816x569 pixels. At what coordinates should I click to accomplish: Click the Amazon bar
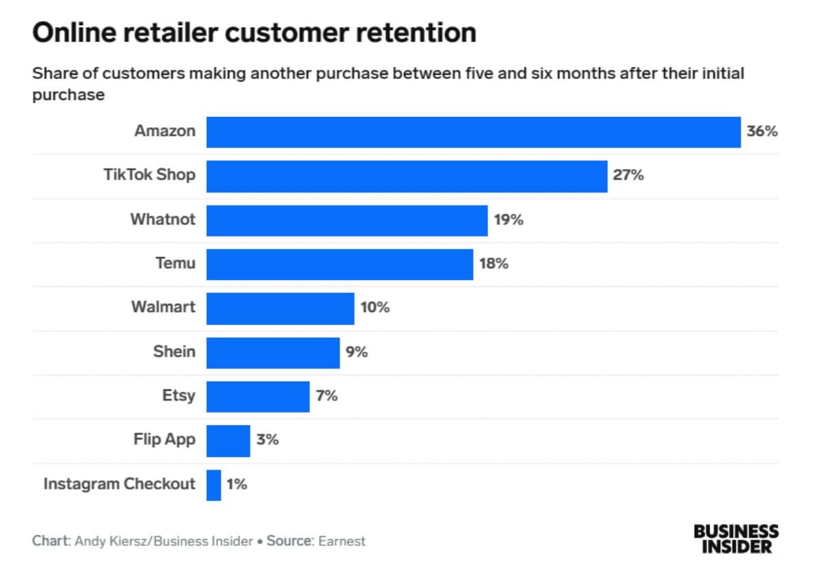coord(473,132)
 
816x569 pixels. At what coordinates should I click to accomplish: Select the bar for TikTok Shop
coord(406,176)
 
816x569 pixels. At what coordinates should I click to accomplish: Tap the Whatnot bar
coord(346,220)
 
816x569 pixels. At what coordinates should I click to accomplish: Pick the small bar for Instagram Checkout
coord(214,485)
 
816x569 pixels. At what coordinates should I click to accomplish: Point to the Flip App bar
coord(228,441)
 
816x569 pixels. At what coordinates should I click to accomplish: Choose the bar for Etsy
coord(257,396)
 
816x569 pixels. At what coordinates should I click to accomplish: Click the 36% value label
coord(762,132)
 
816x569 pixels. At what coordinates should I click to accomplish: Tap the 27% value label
coord(628,176)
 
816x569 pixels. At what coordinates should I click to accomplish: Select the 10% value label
coord(375,308)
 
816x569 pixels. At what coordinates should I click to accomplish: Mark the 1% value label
coord(237,485)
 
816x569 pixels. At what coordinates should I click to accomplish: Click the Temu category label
coord(176,264)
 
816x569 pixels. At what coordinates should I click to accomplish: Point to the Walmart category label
coord(163,307)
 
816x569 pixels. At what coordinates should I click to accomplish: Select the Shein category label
coord(174,352)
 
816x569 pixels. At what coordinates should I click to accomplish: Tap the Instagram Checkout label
coord(119,484)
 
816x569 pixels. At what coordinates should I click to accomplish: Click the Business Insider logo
coord(736,538)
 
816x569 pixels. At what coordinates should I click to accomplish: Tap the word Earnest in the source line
coord(341,542)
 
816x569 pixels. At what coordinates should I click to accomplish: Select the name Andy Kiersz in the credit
coord(108,542)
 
